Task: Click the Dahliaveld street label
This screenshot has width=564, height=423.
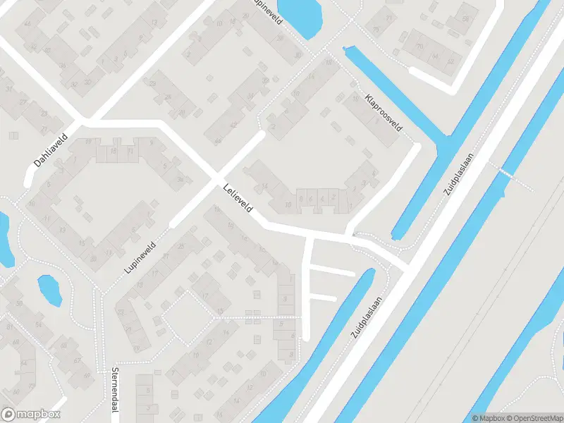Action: click(49, 151)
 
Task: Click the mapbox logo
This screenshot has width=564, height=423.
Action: click(31, 415)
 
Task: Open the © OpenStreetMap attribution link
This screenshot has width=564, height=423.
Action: click(534, 418)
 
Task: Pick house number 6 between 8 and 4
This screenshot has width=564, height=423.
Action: click(312, 200)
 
